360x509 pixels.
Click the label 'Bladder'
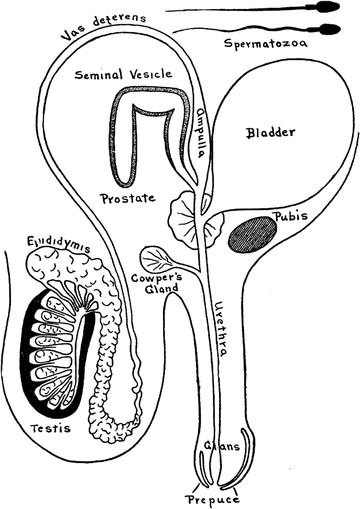click(271, 133)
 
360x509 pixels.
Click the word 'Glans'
click(217, 447)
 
